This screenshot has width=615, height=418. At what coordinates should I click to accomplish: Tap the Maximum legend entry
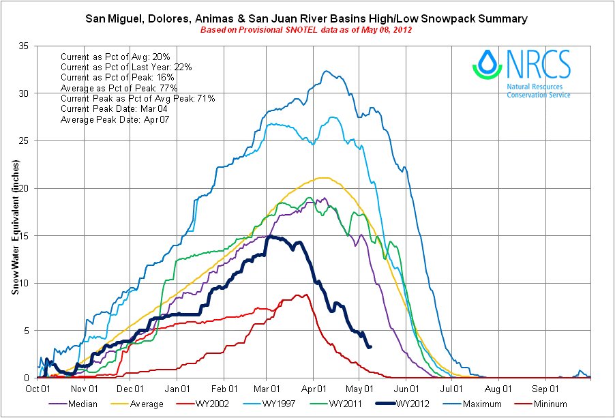(x=485, y=404)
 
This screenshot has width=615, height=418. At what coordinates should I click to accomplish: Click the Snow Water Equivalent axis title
(x=14, y=228)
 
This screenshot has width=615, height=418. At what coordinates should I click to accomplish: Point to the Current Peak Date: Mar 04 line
(x=119, y=109)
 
